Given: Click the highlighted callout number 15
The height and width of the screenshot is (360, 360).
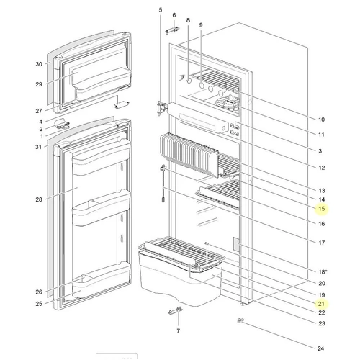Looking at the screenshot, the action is coord(322,209).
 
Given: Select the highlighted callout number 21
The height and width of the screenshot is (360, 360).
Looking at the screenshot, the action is coord(321,304).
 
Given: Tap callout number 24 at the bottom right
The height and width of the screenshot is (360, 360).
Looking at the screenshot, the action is coord(321,348).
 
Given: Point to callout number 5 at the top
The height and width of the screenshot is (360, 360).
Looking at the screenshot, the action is coord(161,10).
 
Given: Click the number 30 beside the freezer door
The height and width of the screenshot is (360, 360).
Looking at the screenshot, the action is coord(39,64).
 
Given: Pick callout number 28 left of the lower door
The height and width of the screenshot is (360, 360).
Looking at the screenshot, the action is coord(39,199).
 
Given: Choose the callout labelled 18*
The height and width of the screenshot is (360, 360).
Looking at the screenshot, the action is coord(323,271).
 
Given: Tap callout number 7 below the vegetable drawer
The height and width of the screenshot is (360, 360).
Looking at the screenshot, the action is coord(178,331).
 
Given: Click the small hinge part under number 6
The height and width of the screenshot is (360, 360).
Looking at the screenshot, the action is coord(172,31).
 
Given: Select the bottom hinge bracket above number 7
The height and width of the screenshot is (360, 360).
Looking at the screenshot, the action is coord(176,311).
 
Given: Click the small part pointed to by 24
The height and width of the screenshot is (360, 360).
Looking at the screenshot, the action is coord(240,320).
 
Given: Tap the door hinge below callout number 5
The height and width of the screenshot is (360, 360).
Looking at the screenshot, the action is coord(161,109).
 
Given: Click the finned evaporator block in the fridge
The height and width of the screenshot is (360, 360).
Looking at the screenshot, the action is coord(189,155).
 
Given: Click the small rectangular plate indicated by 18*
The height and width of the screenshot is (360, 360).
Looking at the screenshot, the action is coord(236,245).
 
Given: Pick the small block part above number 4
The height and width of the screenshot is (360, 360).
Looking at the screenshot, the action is coord(121,104).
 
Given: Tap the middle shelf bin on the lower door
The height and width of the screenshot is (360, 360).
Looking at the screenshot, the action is coord(101,208).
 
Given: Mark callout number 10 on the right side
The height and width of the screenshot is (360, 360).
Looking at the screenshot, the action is coord(321,120).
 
